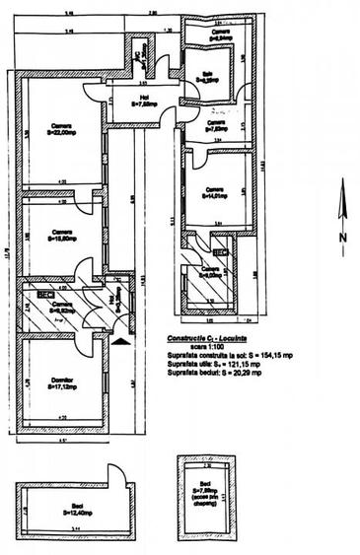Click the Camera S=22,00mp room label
click(61, 129)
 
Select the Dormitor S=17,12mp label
click(63, 382)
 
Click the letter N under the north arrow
click(341, 238)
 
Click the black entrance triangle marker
click(120, 341)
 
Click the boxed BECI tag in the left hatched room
click(45, 294)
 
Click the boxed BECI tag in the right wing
click(221, 252)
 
